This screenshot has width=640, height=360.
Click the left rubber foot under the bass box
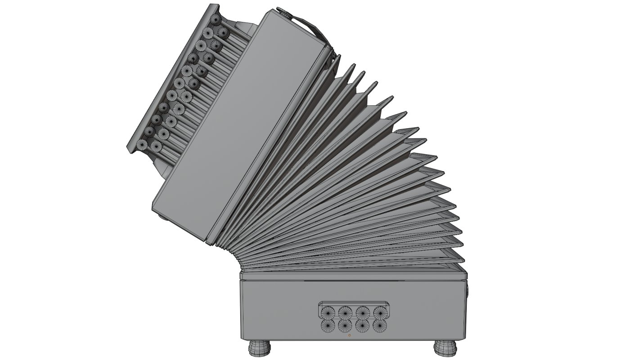click(x=260, y=347)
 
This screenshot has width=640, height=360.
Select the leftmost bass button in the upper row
click(x=327, y=311)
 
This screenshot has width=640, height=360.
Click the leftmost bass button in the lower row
click(x=327, y=325)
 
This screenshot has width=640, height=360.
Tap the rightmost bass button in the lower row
click(x=380, y=325)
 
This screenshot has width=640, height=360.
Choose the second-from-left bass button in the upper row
click(x=345, y=311)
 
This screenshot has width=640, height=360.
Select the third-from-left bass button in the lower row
click(x=363, y=325)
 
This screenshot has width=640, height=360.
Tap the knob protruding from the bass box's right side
click(x=468, y=291)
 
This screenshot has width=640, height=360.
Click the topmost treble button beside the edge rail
click(x=216, y=19)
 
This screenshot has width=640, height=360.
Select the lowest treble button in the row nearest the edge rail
click(x=142, y=144)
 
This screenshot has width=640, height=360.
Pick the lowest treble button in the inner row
click(x=156, y=145)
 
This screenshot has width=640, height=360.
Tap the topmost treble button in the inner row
click(x=222, y=32)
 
